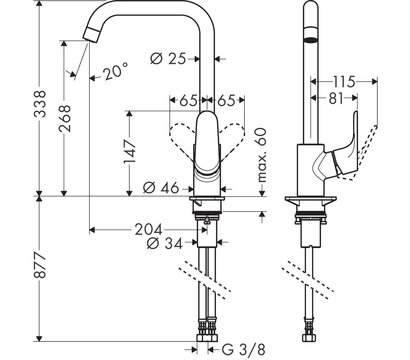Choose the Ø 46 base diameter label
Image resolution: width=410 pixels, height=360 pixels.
tap(160, 187)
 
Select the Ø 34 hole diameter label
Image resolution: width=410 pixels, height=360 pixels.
tap(162, 243)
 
